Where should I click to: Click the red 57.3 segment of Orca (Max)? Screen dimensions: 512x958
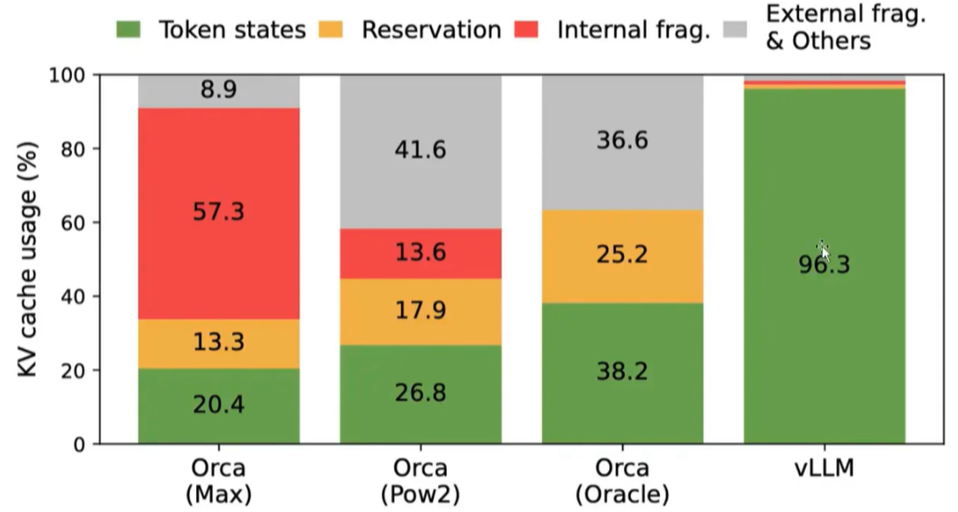219,213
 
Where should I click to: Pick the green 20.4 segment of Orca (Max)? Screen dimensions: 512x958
219,406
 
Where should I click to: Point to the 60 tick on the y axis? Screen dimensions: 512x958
69,223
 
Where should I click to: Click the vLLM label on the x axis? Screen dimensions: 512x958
824,468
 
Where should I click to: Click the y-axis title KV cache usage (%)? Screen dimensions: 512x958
29,259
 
